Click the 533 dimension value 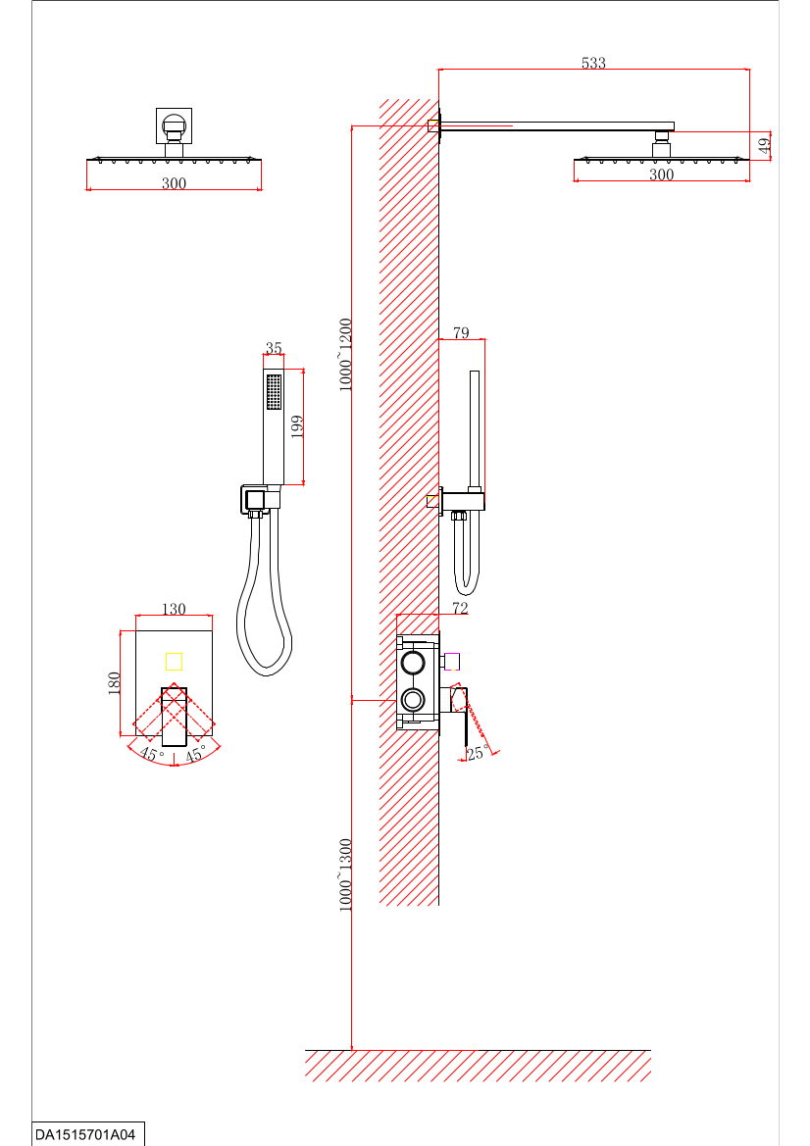pyautogui.click(x=593, y=63)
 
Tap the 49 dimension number pyautogui.click(x=765, y=145)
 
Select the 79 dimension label pyautogui.click(x=461, y=333)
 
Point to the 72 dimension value pyautogui.click(x=460, y=608)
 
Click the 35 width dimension pyautogui.click(x=274, y=348)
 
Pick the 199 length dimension pyautogui.click(x=297, y=426)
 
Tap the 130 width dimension pyautogui.click(x=174, y=609)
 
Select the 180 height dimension pyautogui.click(x=114, y=684)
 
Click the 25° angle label pyautogui.click(x=478, y=752)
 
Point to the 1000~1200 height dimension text pyautogui.click(x=345, y=355)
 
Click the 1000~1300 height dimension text pyautogui.click(x=345, y=874)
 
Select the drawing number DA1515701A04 pyautogui.click(x=85, y=1135)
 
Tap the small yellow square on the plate pyautogui.click(x=174, y=662)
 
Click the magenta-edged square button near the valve pyautogui.click(x=452, y=662)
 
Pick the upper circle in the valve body pyautogui.click(x=413, y=664)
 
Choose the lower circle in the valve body pyautogui.click(x=413, y=699)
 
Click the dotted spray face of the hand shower pyautogui.click(x=275, y=392)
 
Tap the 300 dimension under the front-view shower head pyautogui.click(x=174, y=183)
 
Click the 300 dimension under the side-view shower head pyautogui.click(x=662, y=174)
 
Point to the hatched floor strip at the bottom pyautogui.click(x=479, y=1066)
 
